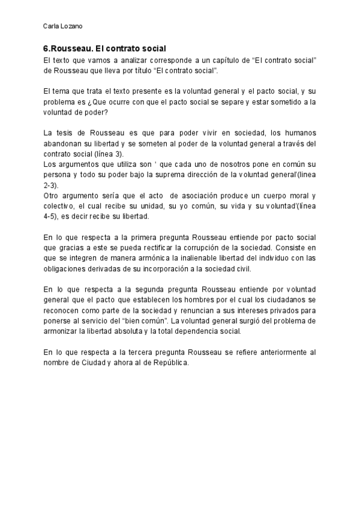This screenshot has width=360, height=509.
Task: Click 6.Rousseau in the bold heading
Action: coord(67,48)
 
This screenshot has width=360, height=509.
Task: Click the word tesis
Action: coord(67,133)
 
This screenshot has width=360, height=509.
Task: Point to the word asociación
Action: coord(204,196)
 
